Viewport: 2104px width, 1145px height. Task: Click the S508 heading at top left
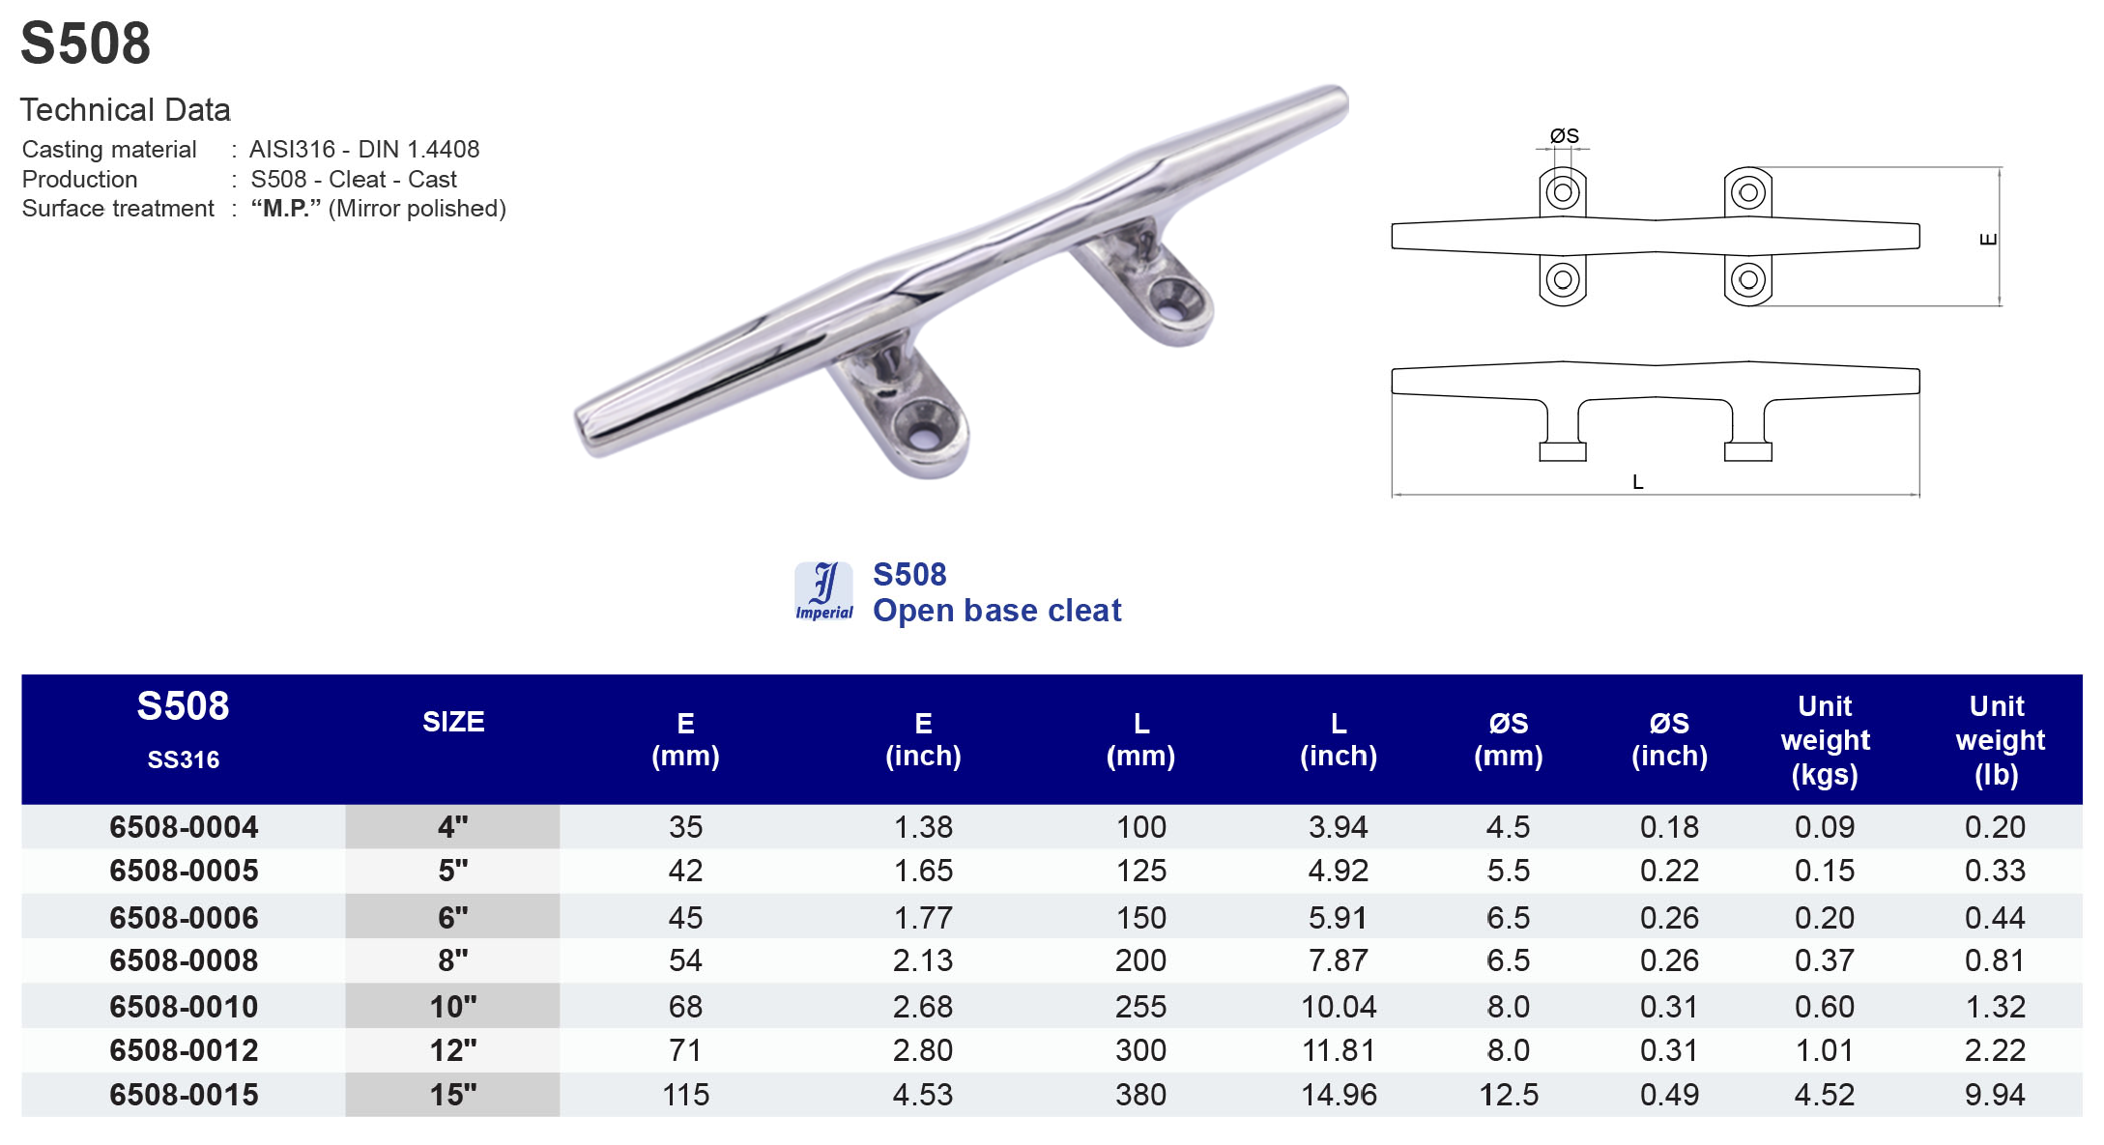click(85, 43)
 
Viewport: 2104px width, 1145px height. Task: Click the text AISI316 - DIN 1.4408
click(364, 150)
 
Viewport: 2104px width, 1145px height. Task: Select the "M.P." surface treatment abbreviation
click(285, 209)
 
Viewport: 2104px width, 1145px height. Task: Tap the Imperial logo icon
click(823, 590)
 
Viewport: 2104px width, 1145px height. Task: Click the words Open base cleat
click(996, 611)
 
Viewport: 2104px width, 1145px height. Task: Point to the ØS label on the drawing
click(1564, 136)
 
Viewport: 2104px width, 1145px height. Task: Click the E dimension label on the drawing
click(1988, 239)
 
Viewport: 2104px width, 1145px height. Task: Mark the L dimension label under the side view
click(1637, 482)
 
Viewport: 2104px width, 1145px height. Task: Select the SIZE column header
click(453, 722)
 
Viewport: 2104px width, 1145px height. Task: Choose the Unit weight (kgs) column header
click(1824, 740)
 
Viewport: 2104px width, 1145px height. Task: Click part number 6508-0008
click(184, 960)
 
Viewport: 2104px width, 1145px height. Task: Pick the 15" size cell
click(453, 1095)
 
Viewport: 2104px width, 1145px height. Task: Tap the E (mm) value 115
click(685, 1095)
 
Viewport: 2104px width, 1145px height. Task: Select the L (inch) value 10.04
click(1338, 1007)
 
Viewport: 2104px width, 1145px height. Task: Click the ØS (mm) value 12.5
click(1508, 1095)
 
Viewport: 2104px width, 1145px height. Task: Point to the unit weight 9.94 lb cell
click(1994, 1095)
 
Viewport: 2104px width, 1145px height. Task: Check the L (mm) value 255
click(1140, 1007)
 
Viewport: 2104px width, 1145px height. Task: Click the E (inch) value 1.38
click(923, 827)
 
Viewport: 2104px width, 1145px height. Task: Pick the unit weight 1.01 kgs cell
click(1824, 1050)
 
